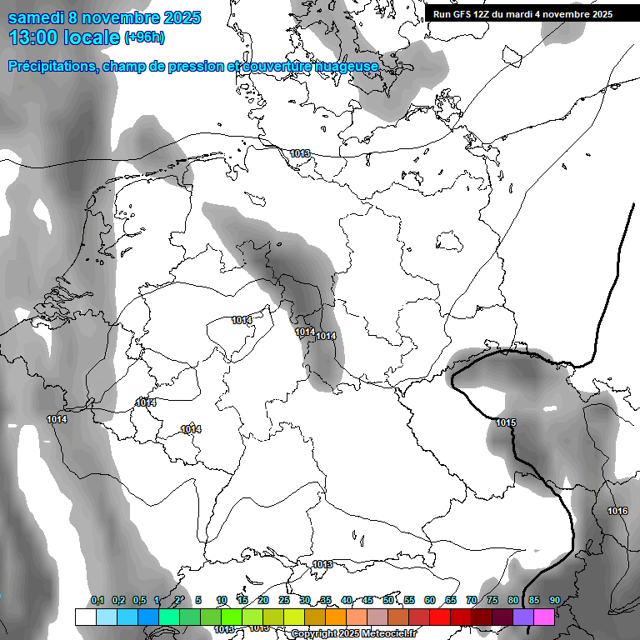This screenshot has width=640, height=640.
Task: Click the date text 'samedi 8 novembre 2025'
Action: [x=104, y=17]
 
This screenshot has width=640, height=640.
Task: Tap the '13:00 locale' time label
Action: [x=63, y=37]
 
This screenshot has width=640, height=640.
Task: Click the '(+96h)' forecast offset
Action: [x=144, y=37]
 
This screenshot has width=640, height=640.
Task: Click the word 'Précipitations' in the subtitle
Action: [x=52, y=66]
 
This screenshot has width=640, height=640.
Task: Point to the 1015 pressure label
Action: [x=506, y=423]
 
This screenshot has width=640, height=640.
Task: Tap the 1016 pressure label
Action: [x=617, y=511]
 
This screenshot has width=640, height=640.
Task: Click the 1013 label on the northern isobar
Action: [x=300, y=153]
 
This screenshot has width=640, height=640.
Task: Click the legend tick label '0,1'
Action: [x=97, y=601]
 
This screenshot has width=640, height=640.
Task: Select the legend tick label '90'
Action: [x=554, y=601]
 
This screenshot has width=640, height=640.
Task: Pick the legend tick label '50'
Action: [x=388, y=601]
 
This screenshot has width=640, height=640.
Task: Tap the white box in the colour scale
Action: [x=85, y=617]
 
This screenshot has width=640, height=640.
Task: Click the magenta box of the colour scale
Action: [x=544, y=617]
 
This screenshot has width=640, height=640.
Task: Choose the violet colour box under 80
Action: [x=523, y=617]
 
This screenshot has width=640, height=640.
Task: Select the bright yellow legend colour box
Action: [x=294, y=617]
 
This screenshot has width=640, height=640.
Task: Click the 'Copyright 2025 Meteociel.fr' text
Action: [x=353, y=633]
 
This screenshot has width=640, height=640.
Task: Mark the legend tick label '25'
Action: [x=284, y=601]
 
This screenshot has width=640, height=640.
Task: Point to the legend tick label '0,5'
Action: [x=138, y=601]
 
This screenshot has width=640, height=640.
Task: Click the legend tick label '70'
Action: [x=472, y=601]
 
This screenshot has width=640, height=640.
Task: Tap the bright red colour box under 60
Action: [x=440, y=617]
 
